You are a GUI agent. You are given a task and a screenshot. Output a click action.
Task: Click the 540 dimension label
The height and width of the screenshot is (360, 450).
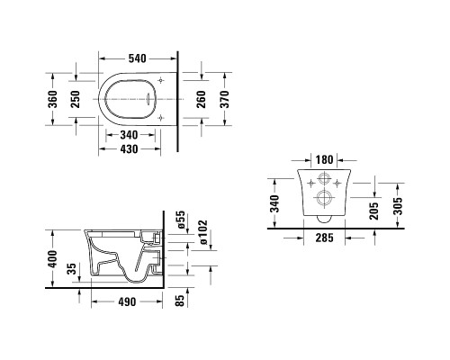[x=138, y=58]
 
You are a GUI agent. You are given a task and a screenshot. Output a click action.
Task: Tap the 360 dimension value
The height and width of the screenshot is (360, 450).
[x=52, y=99]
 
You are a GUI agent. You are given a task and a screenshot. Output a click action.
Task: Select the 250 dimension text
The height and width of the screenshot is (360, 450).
[x=75, y=99]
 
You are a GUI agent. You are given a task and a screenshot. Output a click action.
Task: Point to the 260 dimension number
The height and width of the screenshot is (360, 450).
[x=201, y=99]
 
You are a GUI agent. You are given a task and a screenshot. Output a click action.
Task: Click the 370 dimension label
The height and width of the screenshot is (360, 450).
[x=224, y=99]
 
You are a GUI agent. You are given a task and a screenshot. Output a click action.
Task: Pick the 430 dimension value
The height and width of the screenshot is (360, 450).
[x=130, y=149]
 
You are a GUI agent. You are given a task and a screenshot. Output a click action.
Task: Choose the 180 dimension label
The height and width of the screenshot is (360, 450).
[x=324, y=159]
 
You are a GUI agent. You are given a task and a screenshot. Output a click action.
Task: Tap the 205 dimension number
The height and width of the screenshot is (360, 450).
[x=374, y=211]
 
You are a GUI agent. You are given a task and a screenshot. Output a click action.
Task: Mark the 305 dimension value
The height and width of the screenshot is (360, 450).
[x=398, y=206]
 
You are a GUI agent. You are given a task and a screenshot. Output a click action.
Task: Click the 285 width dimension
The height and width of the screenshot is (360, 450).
[x=324, y=238]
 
